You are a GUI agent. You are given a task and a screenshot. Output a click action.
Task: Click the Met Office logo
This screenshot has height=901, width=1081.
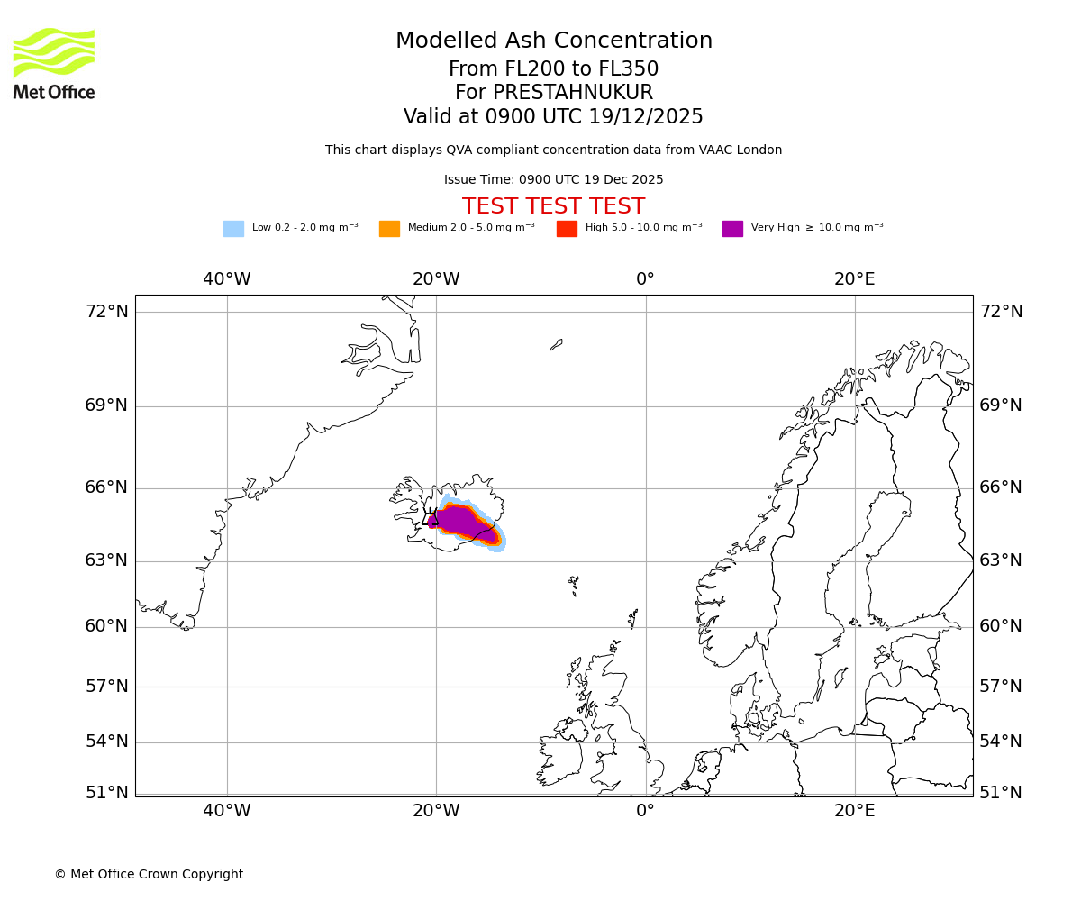pos(54,63)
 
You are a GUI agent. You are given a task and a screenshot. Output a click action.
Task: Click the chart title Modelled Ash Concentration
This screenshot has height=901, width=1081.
pos(553,41)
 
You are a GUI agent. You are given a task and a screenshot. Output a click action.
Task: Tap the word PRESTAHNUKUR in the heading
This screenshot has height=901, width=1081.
pos(572,93)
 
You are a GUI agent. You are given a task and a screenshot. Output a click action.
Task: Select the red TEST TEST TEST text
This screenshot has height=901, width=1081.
pos(553,206)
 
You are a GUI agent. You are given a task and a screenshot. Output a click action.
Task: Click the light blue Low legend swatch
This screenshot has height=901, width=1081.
pos(233,229)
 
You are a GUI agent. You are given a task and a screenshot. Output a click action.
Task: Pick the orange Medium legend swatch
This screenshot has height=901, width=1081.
pos(389,229)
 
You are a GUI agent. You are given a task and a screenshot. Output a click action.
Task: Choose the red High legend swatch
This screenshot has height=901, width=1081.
pos(567,229)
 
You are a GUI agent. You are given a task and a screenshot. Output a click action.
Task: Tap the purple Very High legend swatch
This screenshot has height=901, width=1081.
pos(732,229)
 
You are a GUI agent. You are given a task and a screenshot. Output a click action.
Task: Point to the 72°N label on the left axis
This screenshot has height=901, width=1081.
pos(106,312)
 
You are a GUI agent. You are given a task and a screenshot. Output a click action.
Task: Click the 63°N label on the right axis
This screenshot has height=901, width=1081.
pos(1001,561)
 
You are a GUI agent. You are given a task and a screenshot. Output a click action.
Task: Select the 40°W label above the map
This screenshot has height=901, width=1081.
pos(226,279)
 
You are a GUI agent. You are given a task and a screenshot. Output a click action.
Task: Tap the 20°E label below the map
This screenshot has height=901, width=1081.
pos(854,811)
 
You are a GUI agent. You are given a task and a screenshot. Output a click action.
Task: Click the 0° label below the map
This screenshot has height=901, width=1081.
pos(645,811)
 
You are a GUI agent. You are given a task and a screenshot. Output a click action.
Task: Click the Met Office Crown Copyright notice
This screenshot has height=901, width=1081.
pos(149,875)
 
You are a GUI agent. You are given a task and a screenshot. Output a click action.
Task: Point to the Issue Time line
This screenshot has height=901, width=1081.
pos(553,180)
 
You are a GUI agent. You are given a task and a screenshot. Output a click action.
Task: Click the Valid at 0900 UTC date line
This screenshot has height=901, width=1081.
pos(553,117)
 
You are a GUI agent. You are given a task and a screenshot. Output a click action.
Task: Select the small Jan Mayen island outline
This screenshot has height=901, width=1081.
pos(557,344)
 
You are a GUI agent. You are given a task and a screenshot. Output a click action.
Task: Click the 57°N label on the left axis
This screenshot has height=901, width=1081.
pos(106,687)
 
